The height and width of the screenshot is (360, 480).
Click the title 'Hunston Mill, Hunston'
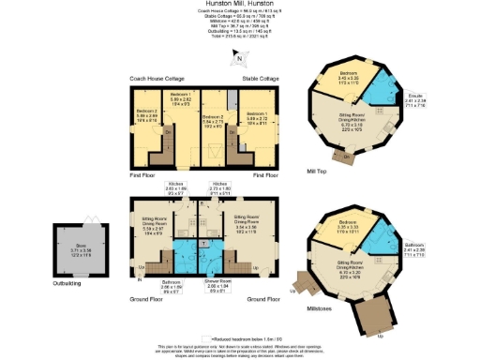tap(240, 5)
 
